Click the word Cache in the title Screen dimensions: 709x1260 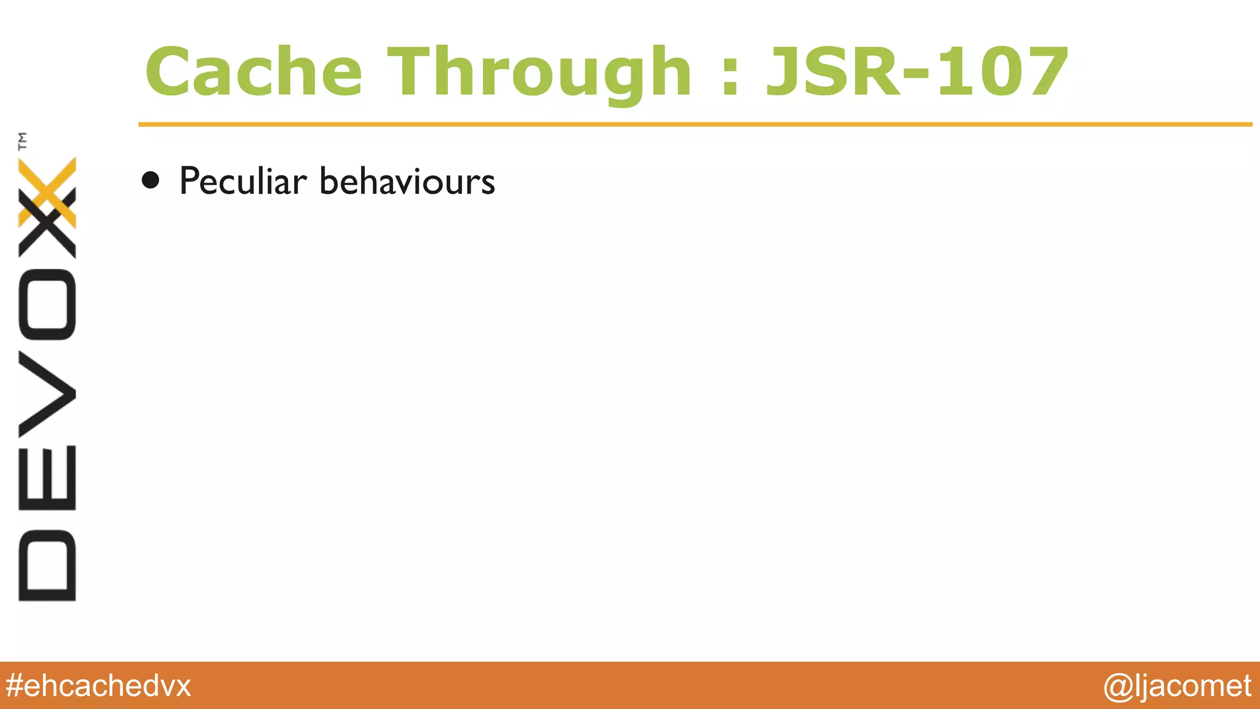[x=253, y=73]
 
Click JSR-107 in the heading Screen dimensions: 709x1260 [x=917, y=73]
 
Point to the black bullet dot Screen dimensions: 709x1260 [x=150, y=180]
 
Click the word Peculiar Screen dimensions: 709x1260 [x=242, y=182]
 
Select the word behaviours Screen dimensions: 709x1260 [x=407, y=182]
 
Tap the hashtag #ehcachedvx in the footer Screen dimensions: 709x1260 [x=98, y=686]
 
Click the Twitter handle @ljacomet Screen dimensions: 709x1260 [x=1177, y=686]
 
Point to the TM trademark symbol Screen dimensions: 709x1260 [x=23, y=141]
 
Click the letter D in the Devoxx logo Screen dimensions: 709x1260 [x=47, y=565]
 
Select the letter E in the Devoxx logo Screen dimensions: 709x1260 [x=47, y=478]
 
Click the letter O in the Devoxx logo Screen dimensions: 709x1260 [x=47, y=305]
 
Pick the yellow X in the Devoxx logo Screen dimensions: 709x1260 [x=47, y=192]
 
